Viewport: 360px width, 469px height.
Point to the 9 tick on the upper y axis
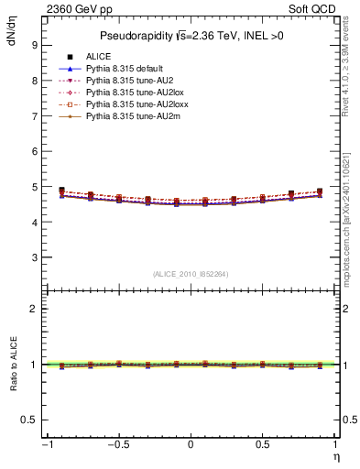34,45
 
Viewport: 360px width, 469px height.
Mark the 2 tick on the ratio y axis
34,309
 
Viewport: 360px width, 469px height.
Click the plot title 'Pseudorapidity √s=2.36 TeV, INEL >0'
190,36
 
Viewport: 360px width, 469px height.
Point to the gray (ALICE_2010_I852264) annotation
190,274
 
